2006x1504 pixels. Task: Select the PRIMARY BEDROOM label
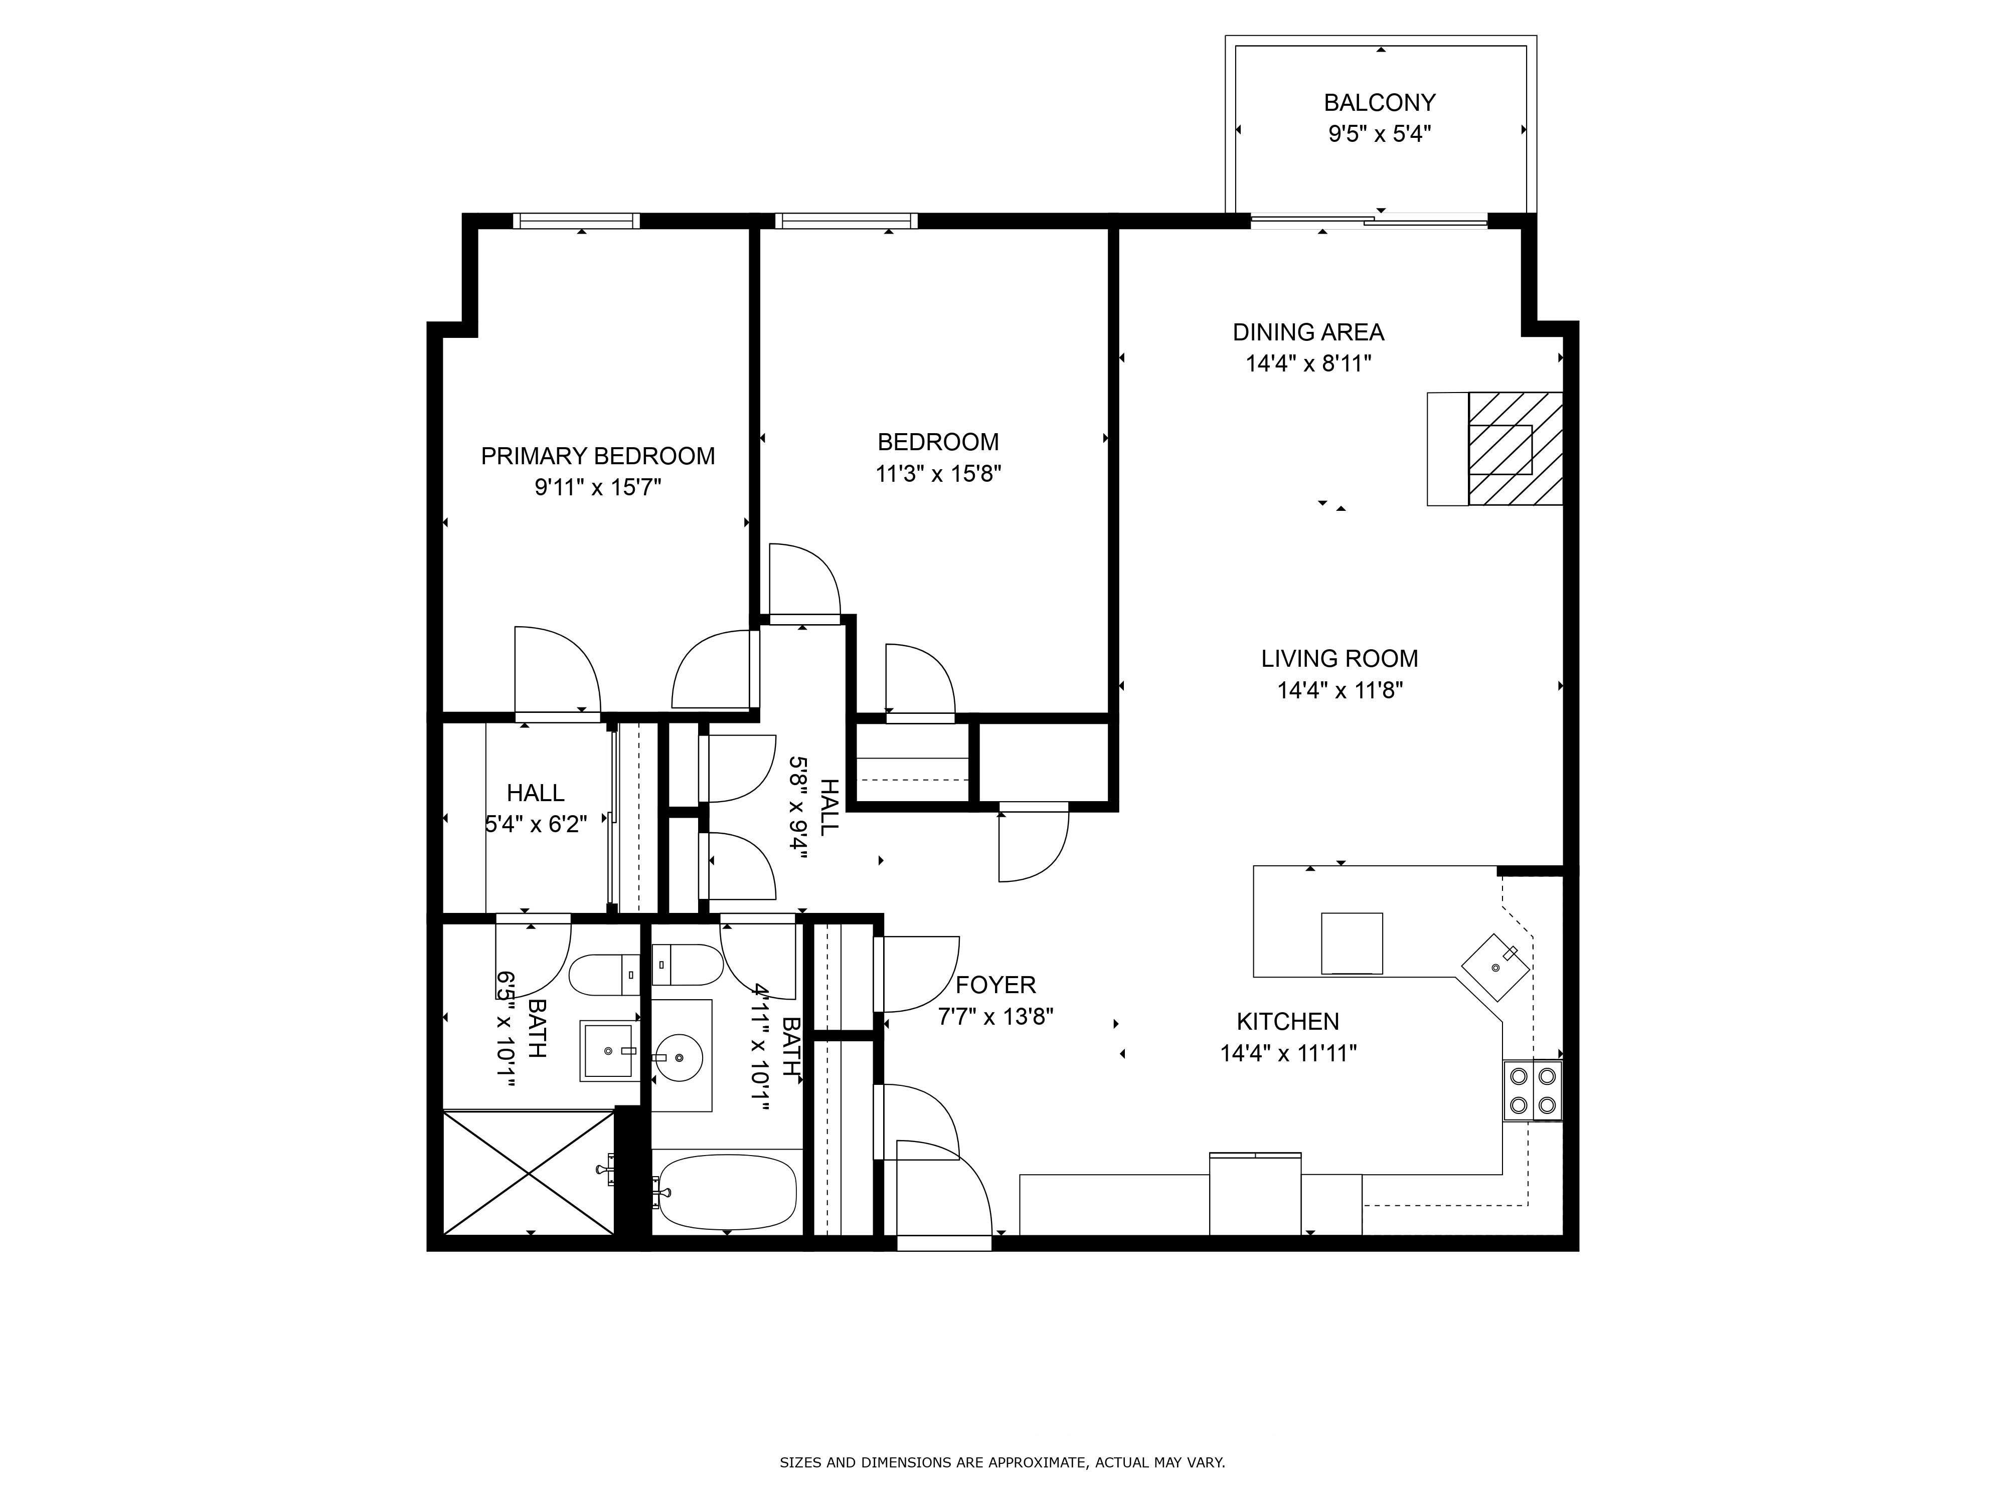point(598,456)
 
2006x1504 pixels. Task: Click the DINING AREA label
point(1308,332)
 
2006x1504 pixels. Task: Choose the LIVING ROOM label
point(1340,658)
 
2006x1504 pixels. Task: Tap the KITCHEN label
point(1288,1022)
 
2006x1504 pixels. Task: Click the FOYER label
point(995,985)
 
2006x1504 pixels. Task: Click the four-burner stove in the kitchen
point(1532,1090)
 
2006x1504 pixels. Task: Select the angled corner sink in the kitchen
point(1494,967)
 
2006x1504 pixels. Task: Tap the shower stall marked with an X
point(529,1172)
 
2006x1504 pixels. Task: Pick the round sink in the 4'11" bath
point(679,1057)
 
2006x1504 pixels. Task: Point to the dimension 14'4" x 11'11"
point(1288,1053)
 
